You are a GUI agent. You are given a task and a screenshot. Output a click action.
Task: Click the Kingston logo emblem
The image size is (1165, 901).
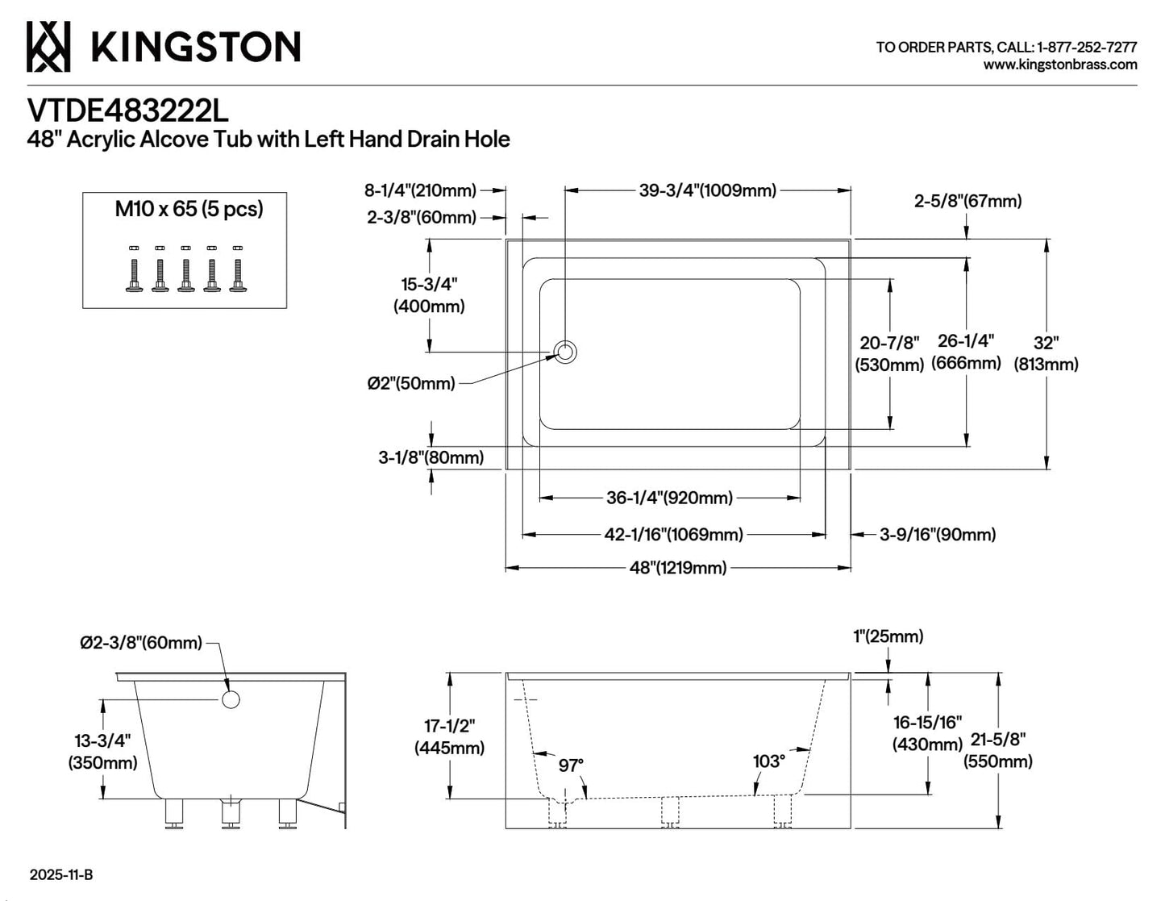coord(48,47)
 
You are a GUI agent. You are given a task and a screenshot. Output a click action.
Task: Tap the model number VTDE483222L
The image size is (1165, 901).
coord(127,111)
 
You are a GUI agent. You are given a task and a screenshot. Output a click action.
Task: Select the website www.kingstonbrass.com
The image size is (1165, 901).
coord(1060,65)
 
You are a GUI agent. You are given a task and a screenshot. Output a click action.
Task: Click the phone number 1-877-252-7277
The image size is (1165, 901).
coord(1087,48)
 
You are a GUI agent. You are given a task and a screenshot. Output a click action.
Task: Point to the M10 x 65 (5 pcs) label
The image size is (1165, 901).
coord(189,209)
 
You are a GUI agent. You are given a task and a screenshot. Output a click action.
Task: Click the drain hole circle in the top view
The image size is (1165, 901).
coord(564,352)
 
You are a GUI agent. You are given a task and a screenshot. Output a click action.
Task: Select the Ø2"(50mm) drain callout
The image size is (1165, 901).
coord(410,383)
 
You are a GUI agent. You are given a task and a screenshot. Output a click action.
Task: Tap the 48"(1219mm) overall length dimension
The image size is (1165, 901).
coord(678,567)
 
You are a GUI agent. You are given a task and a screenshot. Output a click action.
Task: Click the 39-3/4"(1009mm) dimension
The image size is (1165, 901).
coord(707,190)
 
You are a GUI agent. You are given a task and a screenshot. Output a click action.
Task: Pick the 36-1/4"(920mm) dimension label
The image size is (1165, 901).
coord(669,498)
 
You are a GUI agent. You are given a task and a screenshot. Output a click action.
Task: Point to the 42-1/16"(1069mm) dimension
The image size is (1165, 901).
coord(673,534)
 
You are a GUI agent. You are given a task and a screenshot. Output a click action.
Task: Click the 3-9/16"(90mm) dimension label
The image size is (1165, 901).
coord(937,534)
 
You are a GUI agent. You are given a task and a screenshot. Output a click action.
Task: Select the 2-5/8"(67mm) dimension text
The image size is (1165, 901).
coord(967,201)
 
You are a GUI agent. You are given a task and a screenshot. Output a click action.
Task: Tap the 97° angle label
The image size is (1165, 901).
coord(571,765)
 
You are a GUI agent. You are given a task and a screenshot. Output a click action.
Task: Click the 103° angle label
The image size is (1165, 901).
coord(768,761)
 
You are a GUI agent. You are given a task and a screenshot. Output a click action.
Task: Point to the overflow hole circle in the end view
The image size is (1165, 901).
coord(231,699)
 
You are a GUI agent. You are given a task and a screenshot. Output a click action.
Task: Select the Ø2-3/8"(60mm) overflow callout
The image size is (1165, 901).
coord(141,643)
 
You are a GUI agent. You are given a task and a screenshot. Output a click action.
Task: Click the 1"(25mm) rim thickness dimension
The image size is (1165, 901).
coord(888,636)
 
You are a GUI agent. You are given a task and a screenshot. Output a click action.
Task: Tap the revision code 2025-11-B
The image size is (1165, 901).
coord(61,874)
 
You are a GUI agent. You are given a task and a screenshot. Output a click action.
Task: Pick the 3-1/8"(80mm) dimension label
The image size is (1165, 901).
coord(431,457)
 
